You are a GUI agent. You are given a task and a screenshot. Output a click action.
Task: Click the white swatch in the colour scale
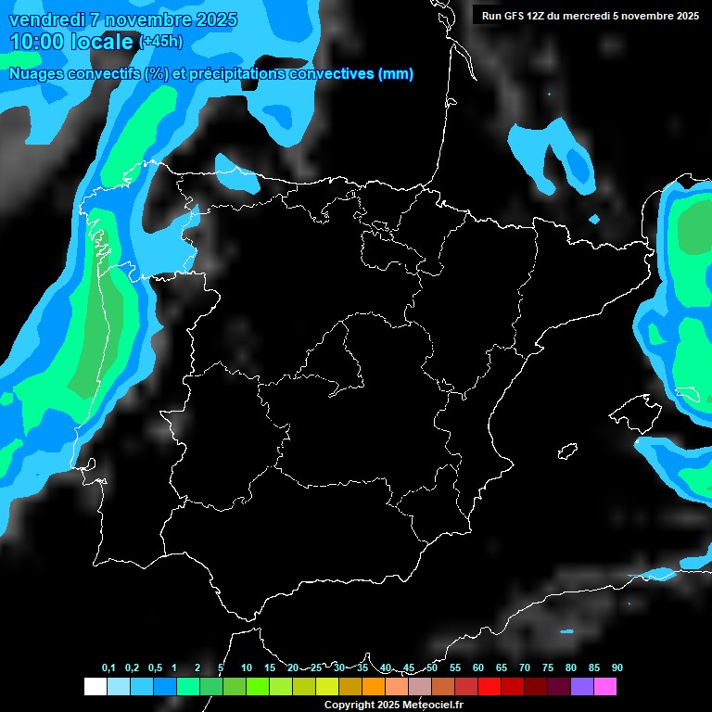coord(95,687)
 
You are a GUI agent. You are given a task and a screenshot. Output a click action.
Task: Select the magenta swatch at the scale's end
coord(605,687)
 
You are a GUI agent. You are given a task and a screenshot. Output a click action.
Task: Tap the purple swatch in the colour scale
coord(582,687)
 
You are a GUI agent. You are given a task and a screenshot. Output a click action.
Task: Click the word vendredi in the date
coord(52,19)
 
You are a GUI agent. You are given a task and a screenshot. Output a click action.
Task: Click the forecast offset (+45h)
coord(160,42)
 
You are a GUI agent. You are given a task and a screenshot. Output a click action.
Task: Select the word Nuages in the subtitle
coord(35,74)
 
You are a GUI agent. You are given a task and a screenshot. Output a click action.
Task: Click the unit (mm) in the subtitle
coord(396,74)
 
